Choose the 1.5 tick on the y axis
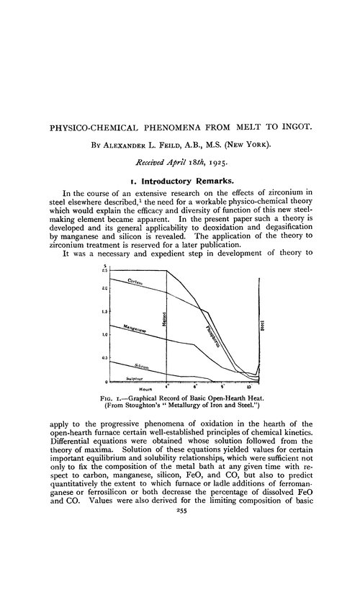tap(104, 311)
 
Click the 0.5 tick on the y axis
tap(104, 358)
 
